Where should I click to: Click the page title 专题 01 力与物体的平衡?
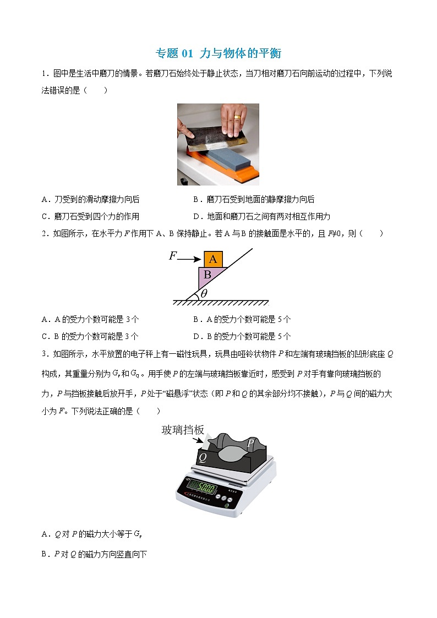point(218,53)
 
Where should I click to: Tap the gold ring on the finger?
point(237,117)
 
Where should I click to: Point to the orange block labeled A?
point(213,259)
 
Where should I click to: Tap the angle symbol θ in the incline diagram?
point(204,293)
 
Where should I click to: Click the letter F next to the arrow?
point(173,256)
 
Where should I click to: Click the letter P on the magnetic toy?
point(250,444)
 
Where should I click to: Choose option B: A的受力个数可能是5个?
point(242,319)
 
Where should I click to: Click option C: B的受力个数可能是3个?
point(90,336)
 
